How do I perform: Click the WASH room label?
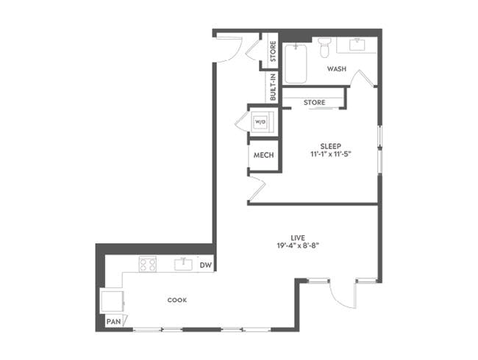point(337,69)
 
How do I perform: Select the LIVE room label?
point(298,236)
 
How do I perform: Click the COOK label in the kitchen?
point(176,300)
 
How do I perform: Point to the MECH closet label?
point(263,156)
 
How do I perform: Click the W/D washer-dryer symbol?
point(260,121)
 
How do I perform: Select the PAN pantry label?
point(113,321)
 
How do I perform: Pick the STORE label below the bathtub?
point(315,102)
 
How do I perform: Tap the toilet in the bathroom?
point(325,48)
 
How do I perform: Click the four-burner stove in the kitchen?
point(148,264)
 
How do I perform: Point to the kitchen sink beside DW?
point(183,264)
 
